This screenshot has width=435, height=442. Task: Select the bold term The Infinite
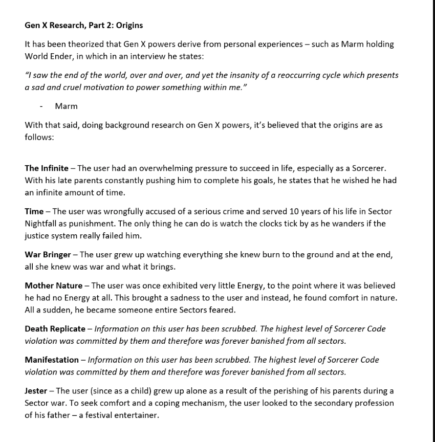pos(46,168)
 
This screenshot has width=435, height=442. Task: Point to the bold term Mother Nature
pos(53,285)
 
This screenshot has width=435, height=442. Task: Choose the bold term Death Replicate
pos(55,329)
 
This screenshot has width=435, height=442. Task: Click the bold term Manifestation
pos(52,360)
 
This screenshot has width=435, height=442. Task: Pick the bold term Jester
pos(36,391)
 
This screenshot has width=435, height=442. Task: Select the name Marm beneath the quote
pos(66,106)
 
